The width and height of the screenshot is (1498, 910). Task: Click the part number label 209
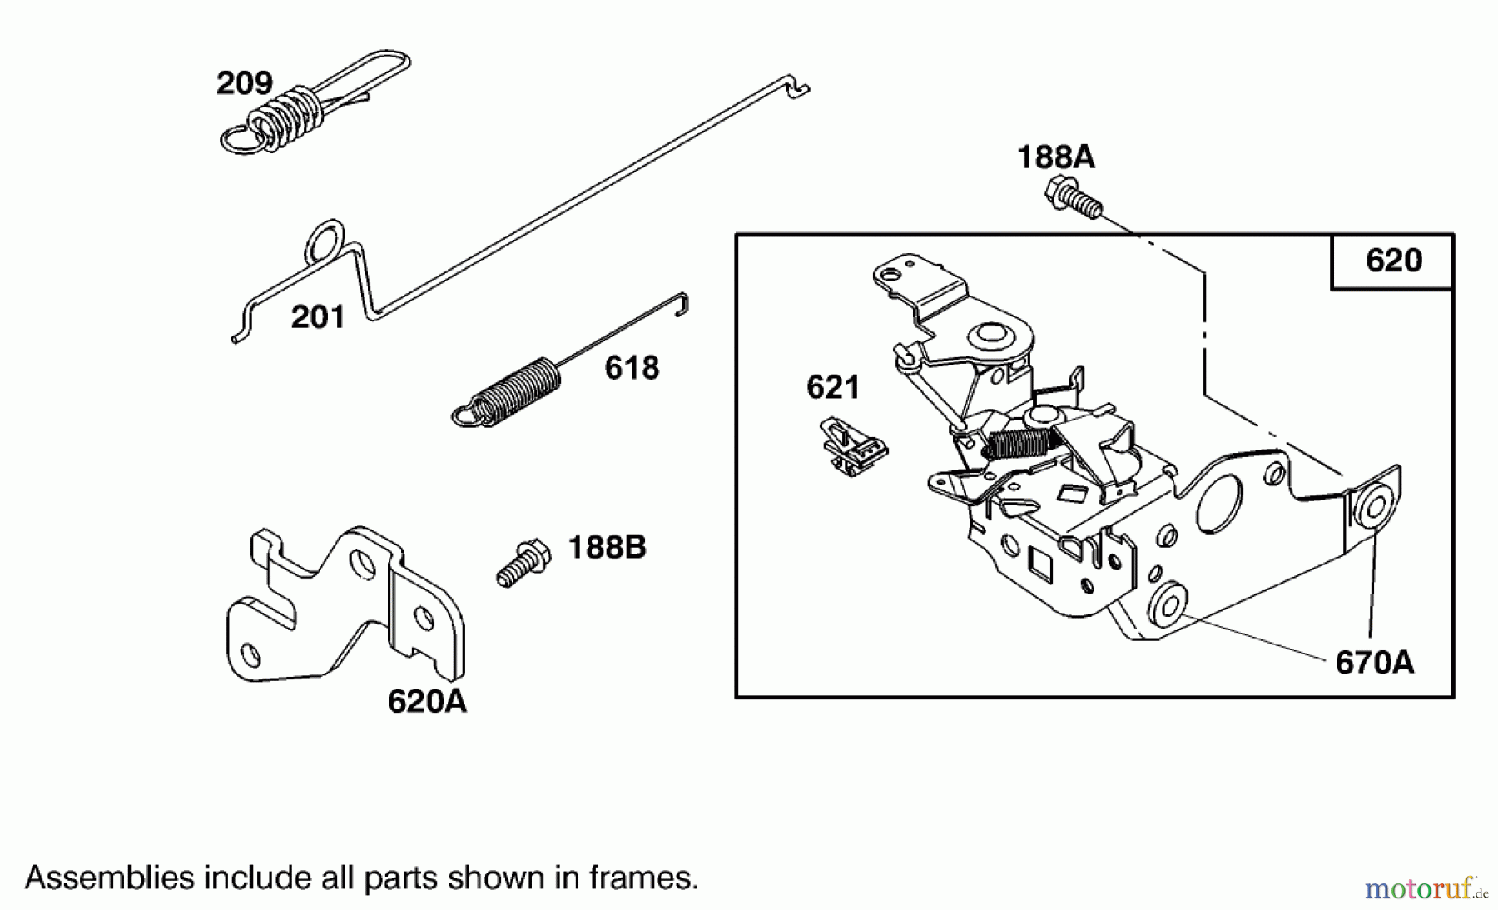pos(244,83)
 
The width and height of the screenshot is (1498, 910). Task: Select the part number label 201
pos(317,317)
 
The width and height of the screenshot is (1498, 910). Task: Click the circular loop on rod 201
pos(325,240)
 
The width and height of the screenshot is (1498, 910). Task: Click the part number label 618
pos(631,368)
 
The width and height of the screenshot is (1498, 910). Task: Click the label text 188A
pos(1055,157)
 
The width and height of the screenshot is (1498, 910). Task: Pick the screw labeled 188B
pos(523,563)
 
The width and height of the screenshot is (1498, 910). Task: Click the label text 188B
pos(606,548)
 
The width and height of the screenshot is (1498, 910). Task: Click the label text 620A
pos(427,702)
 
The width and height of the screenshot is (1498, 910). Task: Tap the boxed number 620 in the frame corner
pos(1393,261)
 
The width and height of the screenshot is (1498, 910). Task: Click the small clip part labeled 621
pos(851,449)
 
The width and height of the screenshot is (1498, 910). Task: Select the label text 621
pos(832,387)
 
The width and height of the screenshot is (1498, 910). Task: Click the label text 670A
pos(1373,663)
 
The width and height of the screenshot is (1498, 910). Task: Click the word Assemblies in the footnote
pos(108,878)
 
